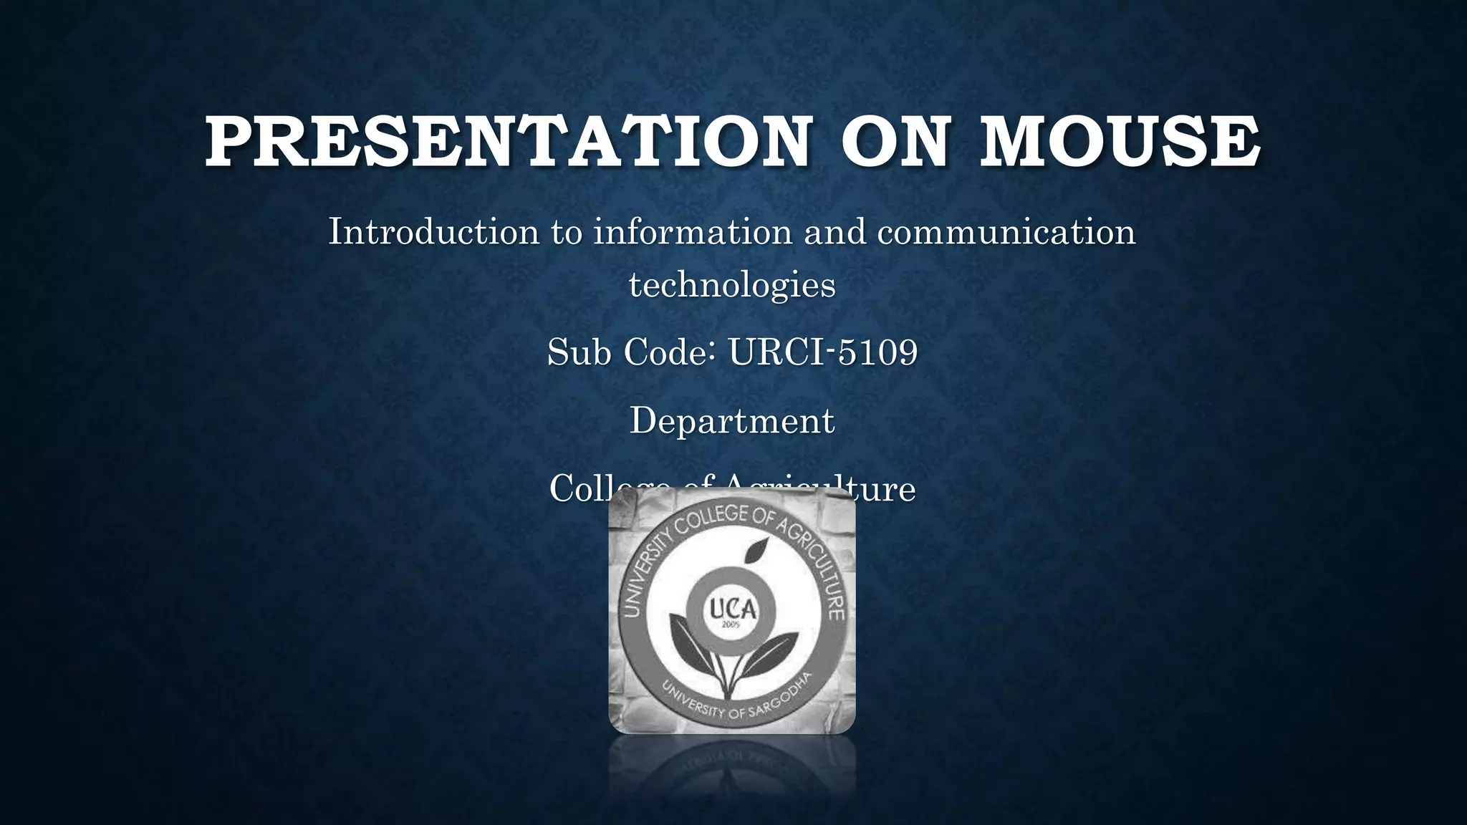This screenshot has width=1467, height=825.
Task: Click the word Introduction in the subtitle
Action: pos(433,231)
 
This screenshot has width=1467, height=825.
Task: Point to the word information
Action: pos(692,231)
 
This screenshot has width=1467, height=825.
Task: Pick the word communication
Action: pos(1006,231)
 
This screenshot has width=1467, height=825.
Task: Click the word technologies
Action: pos(732,284)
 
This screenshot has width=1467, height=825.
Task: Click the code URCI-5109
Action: pos(823,352)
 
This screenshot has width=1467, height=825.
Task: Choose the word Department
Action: pos(732,420)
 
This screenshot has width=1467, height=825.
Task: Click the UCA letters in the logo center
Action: pos(732,609)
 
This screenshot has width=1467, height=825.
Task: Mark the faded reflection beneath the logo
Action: pos(732,770)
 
